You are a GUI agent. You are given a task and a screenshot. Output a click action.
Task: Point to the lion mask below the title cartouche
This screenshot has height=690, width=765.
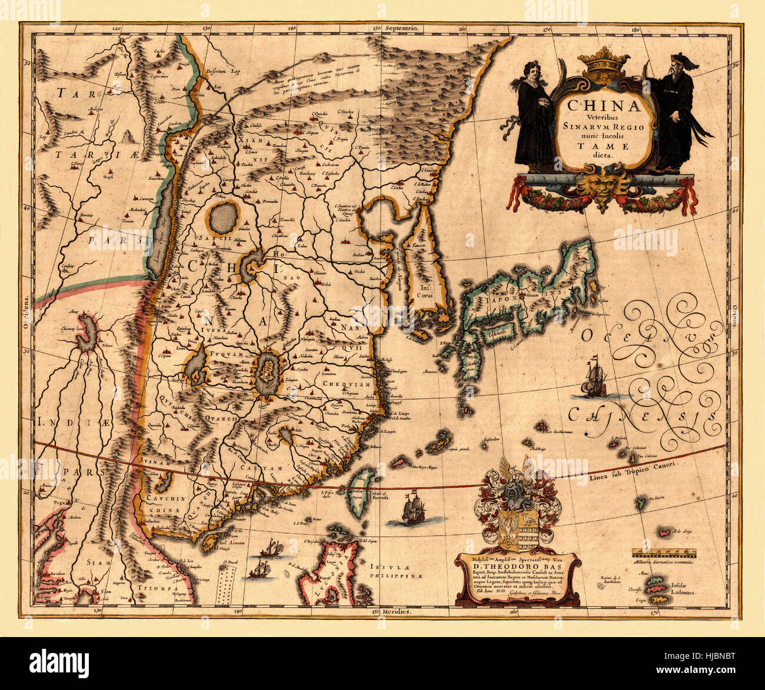[601, 188]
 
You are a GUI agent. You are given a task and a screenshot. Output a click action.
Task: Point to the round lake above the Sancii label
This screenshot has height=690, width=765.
[224, 218]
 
